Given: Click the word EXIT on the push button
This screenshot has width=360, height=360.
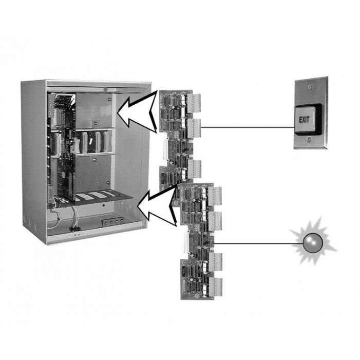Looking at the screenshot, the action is (x=304, y=120).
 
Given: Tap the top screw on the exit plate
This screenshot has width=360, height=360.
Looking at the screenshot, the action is (x=310, y=87).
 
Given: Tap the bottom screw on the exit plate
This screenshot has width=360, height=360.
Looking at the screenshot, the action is (x=309, y=139).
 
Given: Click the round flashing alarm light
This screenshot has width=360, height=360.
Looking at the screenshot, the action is (x=313, y=243).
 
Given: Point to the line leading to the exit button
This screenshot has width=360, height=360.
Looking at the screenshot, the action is (x=248, y=127).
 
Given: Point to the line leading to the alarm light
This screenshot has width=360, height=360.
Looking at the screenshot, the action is (x=258, y=243).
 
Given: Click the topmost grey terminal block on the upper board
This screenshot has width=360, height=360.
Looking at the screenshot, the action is (x=194, y=103).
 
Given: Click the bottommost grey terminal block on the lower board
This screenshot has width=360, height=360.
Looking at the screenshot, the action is (x=216, y=287).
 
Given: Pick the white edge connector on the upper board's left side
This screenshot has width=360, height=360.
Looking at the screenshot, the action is (x=165, y=149).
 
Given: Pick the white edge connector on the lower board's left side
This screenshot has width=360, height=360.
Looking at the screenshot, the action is (x=186, y=242).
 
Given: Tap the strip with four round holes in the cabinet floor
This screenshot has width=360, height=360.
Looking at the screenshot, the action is (x=113, y=222).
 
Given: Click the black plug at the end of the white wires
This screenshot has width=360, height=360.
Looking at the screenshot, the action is (x=75, y=229).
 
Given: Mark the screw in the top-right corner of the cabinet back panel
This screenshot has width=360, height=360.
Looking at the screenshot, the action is (x=109, y=99).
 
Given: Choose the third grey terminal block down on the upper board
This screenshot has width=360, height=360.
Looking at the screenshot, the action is (x=195, y=169).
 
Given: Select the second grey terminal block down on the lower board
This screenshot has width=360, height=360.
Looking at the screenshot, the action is (x=215, y=221).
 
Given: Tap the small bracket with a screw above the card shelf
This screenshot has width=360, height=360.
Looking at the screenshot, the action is (x=95, y=124).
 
